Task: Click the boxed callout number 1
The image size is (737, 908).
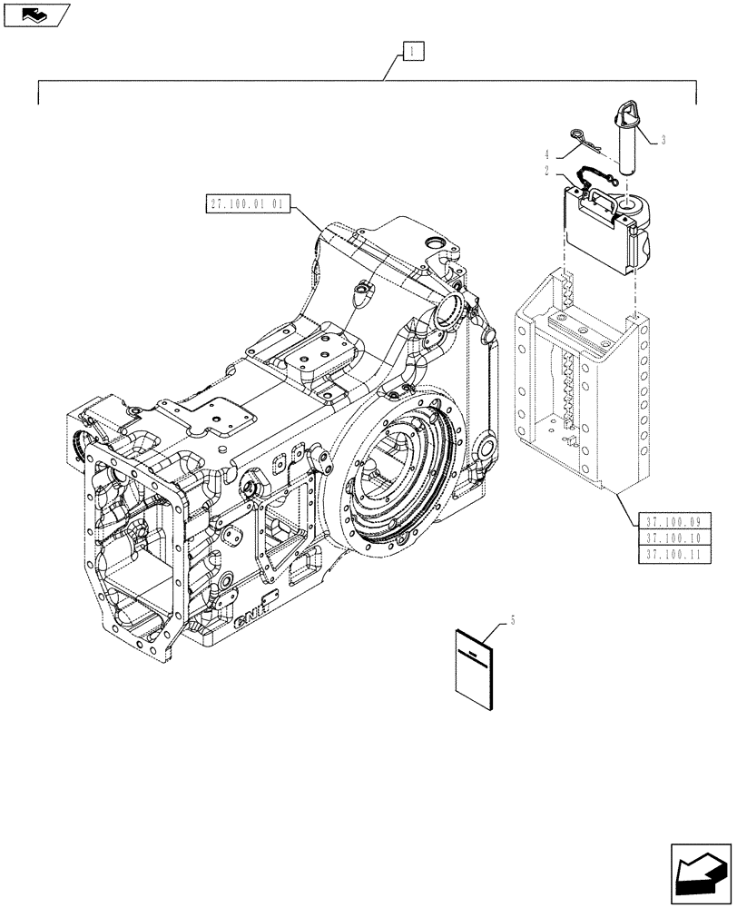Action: pos(413,52)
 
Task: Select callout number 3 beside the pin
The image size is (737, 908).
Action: pos(663,140)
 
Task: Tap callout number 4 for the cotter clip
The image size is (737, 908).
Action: pos(546,155)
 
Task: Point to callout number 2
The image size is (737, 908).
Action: pos(546,170)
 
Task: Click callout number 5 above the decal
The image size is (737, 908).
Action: pos(513,619)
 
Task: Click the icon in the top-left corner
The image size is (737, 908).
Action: pos(35,15)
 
